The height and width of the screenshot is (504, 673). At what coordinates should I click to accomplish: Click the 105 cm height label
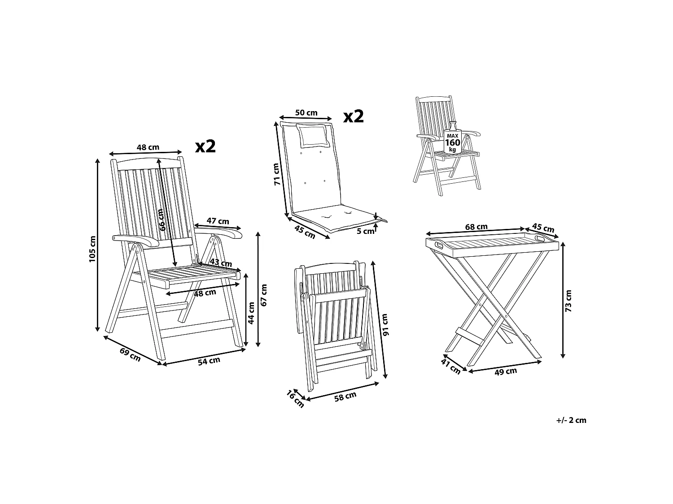coord(92,249)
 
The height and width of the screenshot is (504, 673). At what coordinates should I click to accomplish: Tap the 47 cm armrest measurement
coord(218,221)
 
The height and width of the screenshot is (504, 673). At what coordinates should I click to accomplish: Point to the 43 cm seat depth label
coord(221,263)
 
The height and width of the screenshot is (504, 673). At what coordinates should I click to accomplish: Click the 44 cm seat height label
coord(251,313)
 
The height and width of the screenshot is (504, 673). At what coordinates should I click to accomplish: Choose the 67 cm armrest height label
coord(264,295)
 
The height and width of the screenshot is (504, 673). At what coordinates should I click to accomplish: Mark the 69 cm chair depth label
coord(130,354)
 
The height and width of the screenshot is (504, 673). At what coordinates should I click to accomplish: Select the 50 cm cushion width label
coord(306,113)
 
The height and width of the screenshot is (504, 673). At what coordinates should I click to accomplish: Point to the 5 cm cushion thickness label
coord(365,231)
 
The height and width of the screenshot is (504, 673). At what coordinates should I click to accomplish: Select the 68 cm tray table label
coord(476,227)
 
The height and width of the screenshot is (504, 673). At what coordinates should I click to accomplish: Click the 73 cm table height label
coord(569,301)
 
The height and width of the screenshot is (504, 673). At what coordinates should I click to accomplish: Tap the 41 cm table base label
coord(451,366)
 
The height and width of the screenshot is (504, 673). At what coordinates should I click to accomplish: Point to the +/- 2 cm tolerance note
coord(571,420)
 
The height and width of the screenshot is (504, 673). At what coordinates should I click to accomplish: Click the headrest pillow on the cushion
coord(314,136)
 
